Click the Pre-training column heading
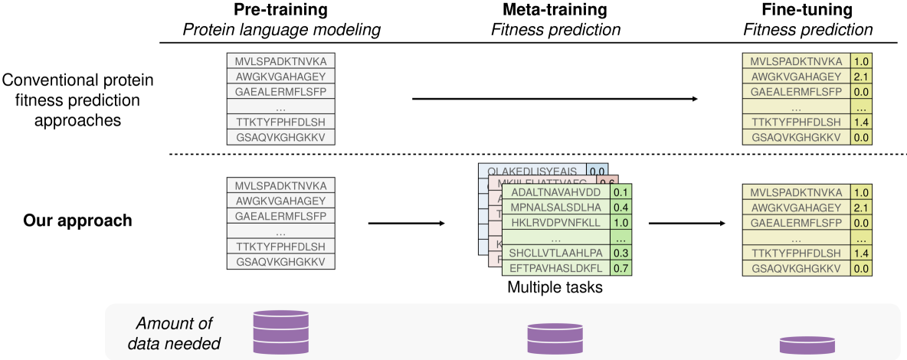click(x=280, y=12)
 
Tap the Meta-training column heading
click(x=555, y=12)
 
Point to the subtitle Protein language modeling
click(x=280, y=30)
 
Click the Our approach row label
click(x=77, y=220)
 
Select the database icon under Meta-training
click(x=555, y=338)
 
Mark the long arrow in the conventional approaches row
click(x=555, y=99)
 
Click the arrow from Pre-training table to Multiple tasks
click(x=406, y=224)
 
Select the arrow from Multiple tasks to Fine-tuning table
click(x=686, y=224)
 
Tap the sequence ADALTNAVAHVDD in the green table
click(x=555, y=192)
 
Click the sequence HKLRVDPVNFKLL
click(x=555, y=223)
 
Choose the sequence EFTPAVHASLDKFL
click(x=555, y=267)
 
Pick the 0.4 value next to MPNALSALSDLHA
click(x=620, y=208)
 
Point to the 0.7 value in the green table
click(x=620, y=267)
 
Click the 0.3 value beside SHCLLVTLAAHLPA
click(x=620, y=253)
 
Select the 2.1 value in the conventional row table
click(x=861, y=76)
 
